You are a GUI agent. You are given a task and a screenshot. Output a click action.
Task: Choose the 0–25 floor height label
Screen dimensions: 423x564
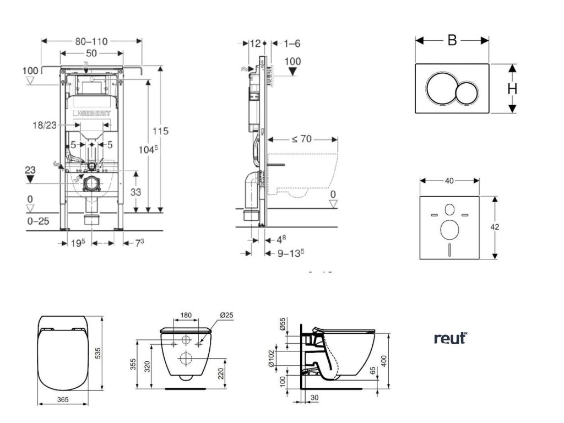pos(37,221)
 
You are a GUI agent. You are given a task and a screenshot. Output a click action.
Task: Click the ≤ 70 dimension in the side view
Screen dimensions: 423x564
pos(301,139)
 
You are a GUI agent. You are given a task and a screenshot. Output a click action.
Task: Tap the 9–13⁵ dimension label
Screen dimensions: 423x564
pos(290,253)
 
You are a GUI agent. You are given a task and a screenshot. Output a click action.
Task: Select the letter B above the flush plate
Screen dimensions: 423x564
pos(452,40)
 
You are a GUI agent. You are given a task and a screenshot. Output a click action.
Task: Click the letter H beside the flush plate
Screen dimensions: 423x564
pos(512,89)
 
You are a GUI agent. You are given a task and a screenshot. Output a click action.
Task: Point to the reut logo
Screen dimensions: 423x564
pos(451,338)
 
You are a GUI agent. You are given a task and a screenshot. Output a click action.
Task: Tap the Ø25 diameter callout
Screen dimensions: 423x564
pos(226,316)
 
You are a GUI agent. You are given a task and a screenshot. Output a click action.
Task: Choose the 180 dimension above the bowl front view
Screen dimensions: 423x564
pos(186,316)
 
